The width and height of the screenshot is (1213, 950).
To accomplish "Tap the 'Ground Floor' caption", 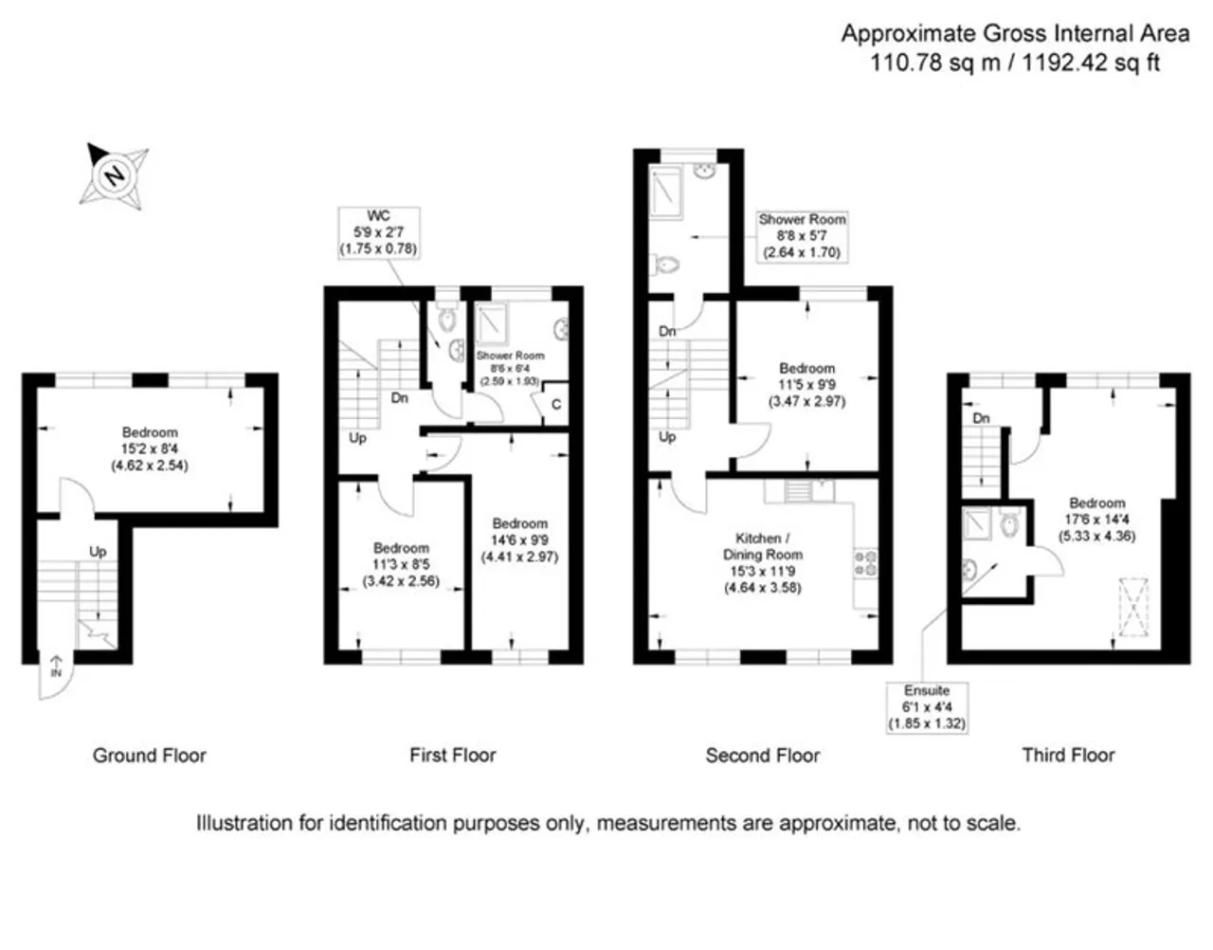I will click(149, 756).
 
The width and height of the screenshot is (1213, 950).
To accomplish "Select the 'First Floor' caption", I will click(452, 756).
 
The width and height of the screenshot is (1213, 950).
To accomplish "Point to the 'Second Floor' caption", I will click(762, 756).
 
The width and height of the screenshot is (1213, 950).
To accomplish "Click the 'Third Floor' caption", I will click(1068, 756).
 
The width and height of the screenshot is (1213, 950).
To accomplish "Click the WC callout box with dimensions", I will click(377, 232).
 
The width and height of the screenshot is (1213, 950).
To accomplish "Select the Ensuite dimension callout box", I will click(926, 707).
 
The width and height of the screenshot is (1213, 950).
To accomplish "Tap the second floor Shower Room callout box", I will click(802, 236).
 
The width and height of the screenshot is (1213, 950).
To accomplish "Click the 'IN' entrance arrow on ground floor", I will click(55, 666).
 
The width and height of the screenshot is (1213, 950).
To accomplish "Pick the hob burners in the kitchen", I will click(865, 563).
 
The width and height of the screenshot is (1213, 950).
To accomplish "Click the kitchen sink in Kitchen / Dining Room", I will click(798, 491).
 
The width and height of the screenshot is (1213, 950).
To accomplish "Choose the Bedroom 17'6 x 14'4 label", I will click(1096, 520).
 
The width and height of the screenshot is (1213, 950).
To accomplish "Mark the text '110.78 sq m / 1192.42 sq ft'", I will click(1015, 64).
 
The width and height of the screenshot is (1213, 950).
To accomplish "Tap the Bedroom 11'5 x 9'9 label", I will click(806, 384).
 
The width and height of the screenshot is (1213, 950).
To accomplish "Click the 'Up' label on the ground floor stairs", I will click(98, 552).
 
